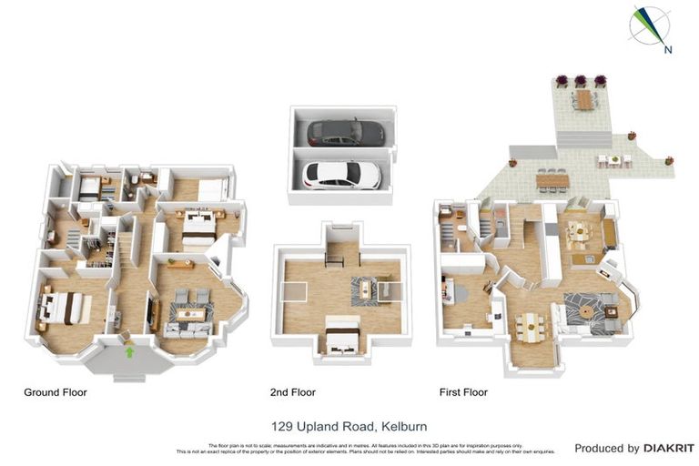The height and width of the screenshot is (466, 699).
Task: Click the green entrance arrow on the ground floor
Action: click(129, 351)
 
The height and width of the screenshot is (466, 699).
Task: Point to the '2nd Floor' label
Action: click(292, 392)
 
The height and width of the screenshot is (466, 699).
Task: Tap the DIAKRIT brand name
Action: click(669, 448)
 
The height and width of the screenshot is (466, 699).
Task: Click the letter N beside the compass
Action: click(668, 49)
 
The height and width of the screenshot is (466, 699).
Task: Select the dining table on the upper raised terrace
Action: click(582, 96)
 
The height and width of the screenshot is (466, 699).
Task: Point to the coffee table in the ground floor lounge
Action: click(191, 314)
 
